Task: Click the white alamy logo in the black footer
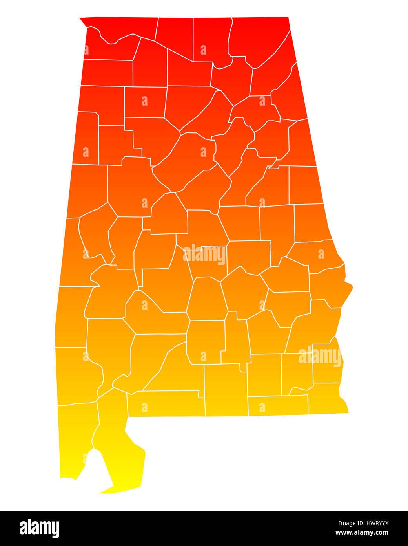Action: [x=39, y=528]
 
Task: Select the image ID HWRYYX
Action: [x=363, y=523]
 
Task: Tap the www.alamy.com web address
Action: [x=362, y=533]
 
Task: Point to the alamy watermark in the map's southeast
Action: [x=320, y=356]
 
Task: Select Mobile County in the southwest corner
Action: [x=76, y=436]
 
